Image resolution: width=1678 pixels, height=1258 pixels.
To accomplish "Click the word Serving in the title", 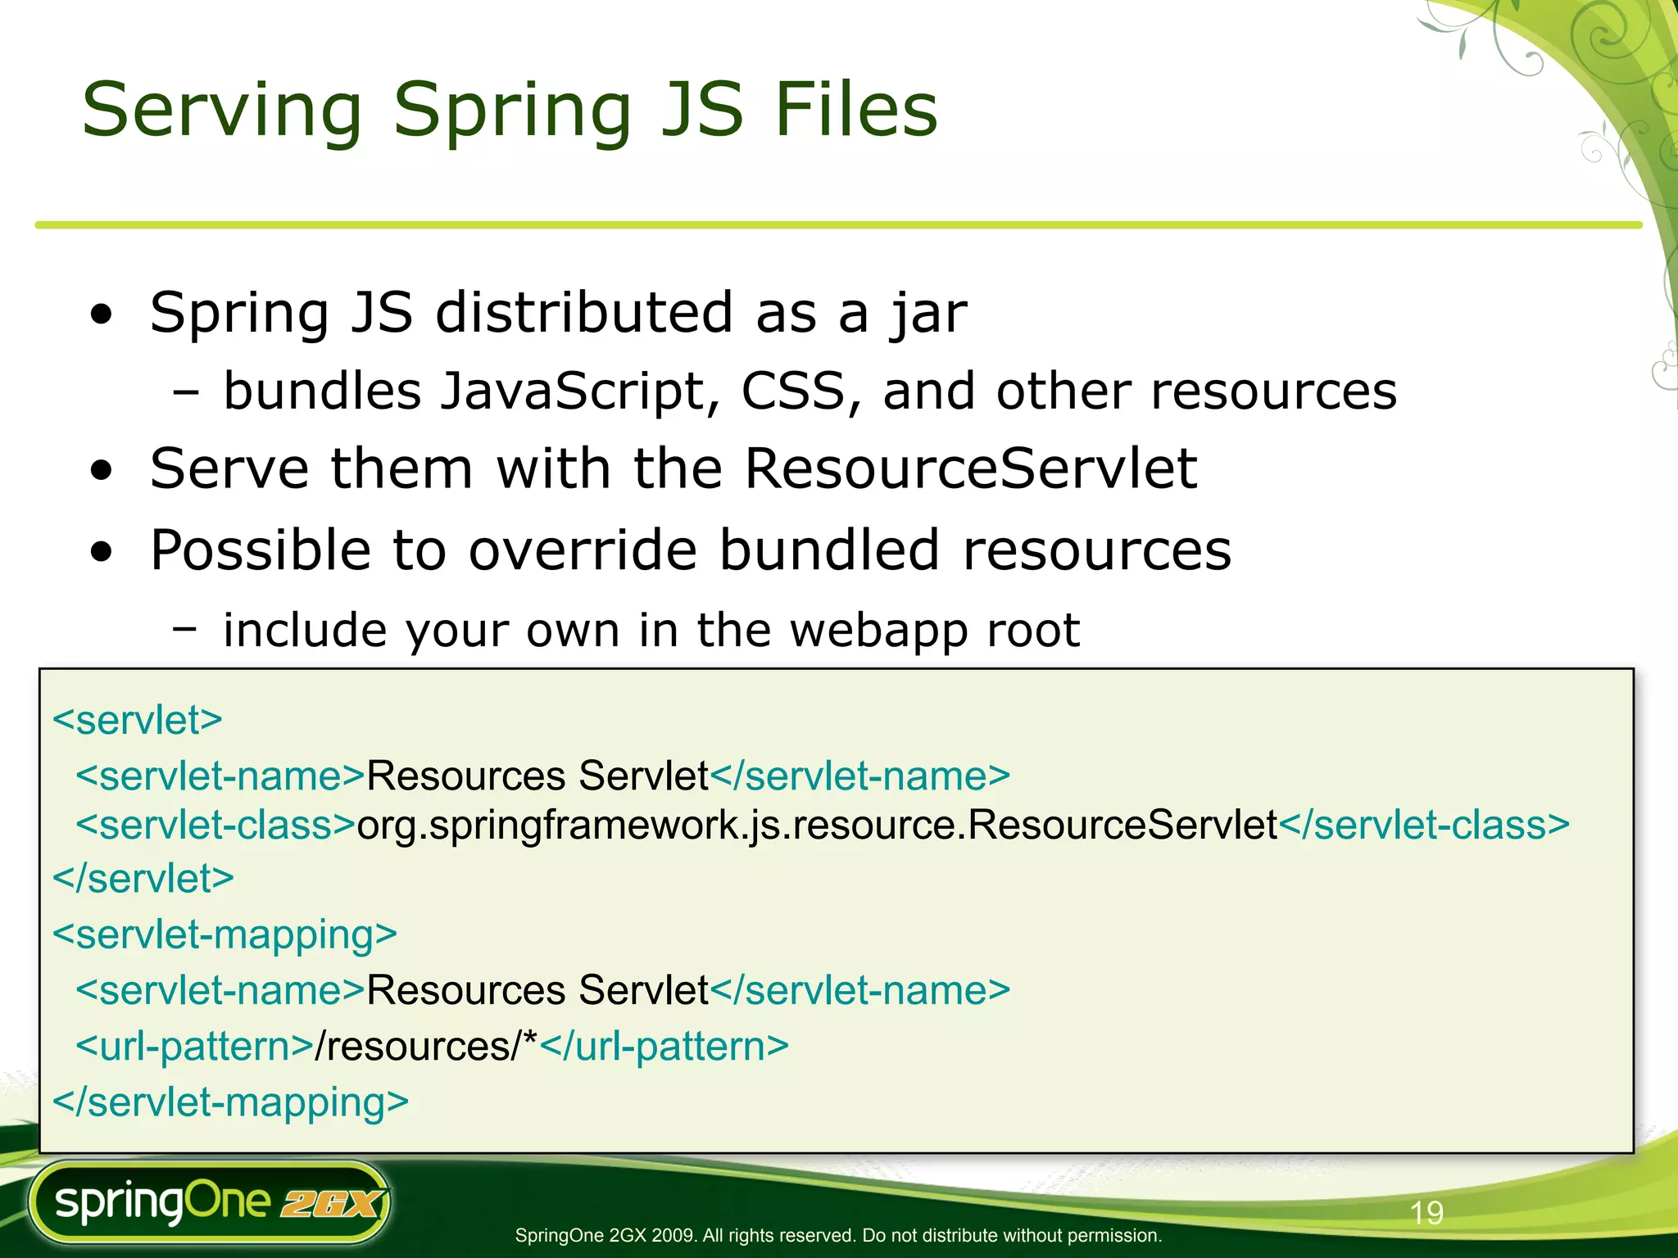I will [x=222, y=111].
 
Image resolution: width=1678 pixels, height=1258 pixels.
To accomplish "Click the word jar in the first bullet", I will [x=929, y=314].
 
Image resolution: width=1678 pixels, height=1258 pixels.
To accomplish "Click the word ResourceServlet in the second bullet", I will [x=971, y=468].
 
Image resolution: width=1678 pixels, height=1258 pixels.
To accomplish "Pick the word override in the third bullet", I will [x=583, y=550].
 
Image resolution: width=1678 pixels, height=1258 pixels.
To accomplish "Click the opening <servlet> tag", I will [x=138, y=721].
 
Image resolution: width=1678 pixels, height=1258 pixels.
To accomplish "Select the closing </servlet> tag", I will [x=143, y=879].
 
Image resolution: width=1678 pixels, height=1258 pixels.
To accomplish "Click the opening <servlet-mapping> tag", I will [x=224, y=934].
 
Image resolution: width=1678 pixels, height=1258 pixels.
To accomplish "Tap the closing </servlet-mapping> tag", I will [x=230, y=1102].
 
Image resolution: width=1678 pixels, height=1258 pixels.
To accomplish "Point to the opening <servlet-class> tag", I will [x=215, y=825].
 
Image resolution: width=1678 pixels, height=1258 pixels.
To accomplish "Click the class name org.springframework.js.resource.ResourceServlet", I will [x=817, y=825].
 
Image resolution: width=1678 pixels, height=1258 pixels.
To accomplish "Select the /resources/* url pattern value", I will [x=426, y=1047].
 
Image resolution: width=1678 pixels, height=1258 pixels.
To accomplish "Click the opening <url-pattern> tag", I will [x=195, y=1047].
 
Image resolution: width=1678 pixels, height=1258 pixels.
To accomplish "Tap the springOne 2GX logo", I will [x=210, y=1202].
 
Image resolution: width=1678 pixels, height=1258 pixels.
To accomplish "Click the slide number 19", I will [x=1426, y=1213].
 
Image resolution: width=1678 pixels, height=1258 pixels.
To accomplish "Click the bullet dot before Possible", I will [x=102, y=552].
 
